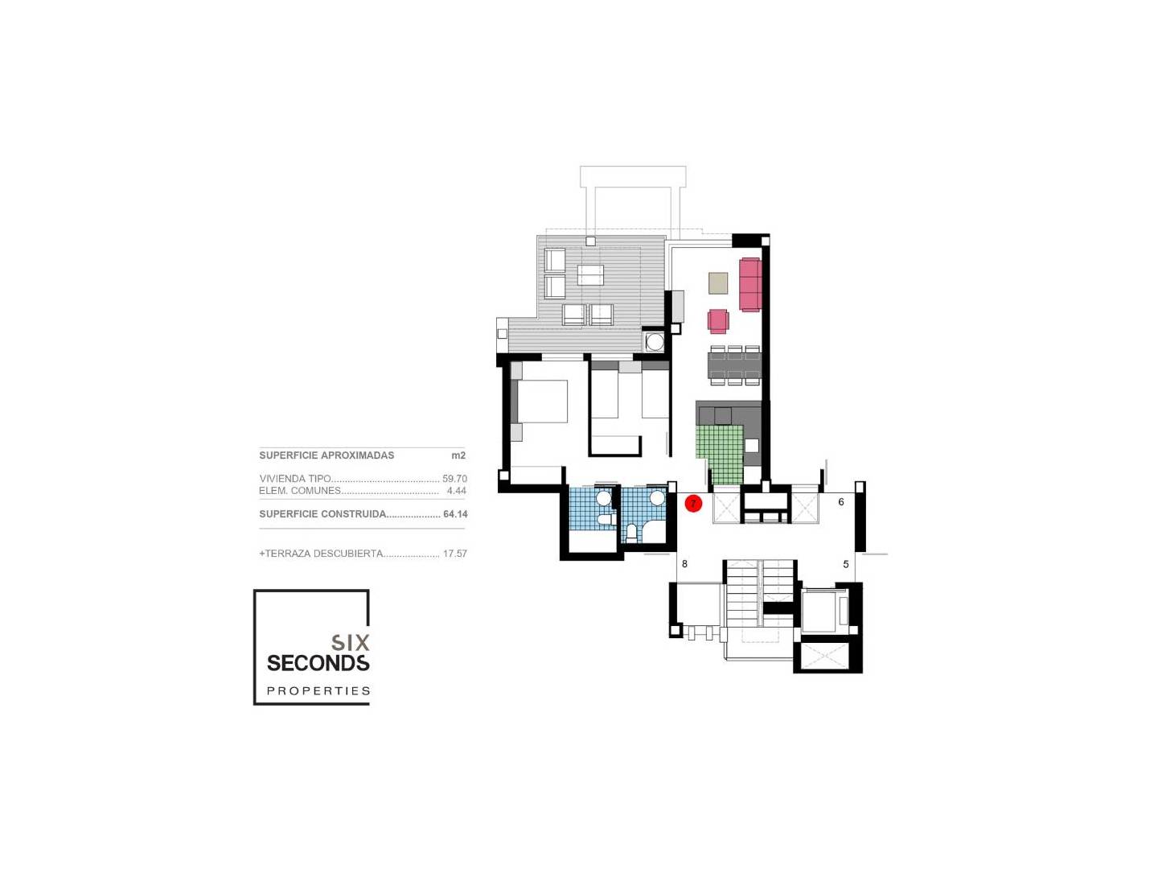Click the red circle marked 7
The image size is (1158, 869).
(x=692, y=503)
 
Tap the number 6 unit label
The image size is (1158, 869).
(x=841, y=501)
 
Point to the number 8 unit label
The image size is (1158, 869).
(x=684, y=563)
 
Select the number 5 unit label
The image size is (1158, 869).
(x=846, y=564)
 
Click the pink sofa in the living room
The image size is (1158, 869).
(x=749, y=284)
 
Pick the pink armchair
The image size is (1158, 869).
(x=718, y=321)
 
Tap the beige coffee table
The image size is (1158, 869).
(x=717, y=282)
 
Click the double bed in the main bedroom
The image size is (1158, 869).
(x=539, y=401)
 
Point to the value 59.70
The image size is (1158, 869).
(x=454, y=479)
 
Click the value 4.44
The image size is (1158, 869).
(x=456, y=490)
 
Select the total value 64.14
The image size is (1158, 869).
(x=455, y=513)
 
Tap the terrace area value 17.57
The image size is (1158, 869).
(x=455, y=554)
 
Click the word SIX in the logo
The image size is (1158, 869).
(x=350, y=642)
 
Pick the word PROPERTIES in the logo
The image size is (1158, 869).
(x=318, y=690)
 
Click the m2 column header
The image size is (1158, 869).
(x=458, y=455)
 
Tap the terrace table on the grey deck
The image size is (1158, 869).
(x=590, y=275)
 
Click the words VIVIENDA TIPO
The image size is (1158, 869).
(x=295, y=479)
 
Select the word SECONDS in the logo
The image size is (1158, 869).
(x=318, y=663)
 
